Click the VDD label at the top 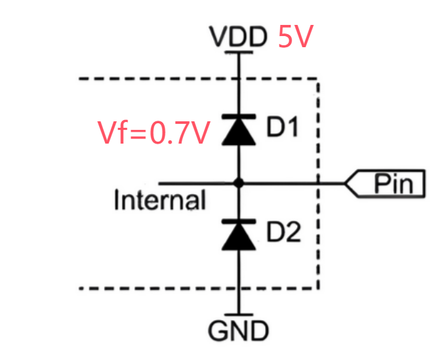click(x=238, y=37)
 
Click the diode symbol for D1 click(x=238, y=129)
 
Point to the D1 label click(x=283, y=128)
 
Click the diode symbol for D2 click(x=238, y=235)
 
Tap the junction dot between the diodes click(x=239, y=184)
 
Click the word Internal click(x=159, y=199)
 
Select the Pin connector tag click(x=386, y=184)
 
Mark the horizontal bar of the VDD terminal click(x=238, y=52)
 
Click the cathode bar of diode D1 click(x=238, y=116)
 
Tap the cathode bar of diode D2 click(x=238, y=222)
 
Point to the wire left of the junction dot click(x=190, y=184)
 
